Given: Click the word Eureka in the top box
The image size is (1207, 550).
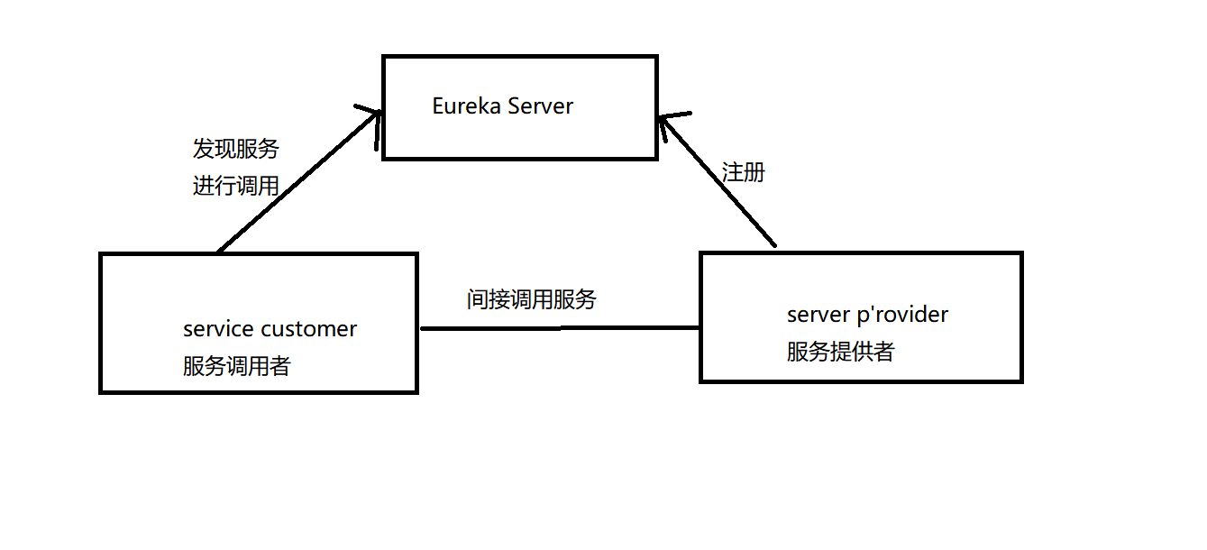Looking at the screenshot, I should (x=466, y=106).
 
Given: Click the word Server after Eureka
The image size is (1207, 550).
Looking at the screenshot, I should (x=540, y=106).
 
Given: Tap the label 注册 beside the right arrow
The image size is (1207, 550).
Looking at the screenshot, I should (x=743, y=172).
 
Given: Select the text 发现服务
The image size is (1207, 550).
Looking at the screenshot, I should (x=235, y=149).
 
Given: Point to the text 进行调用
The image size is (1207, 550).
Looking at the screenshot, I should (x=235, y=186).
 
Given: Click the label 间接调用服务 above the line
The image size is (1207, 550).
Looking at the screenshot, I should (x=531, y=299).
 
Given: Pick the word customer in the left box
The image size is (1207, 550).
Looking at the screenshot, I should (x=309, y=329).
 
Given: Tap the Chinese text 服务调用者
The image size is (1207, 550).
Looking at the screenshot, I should (x=236, y=366).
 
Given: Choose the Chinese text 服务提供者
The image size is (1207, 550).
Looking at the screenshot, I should (x=840, y=352).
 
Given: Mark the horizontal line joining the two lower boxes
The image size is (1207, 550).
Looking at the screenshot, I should (x=559, y=328).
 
